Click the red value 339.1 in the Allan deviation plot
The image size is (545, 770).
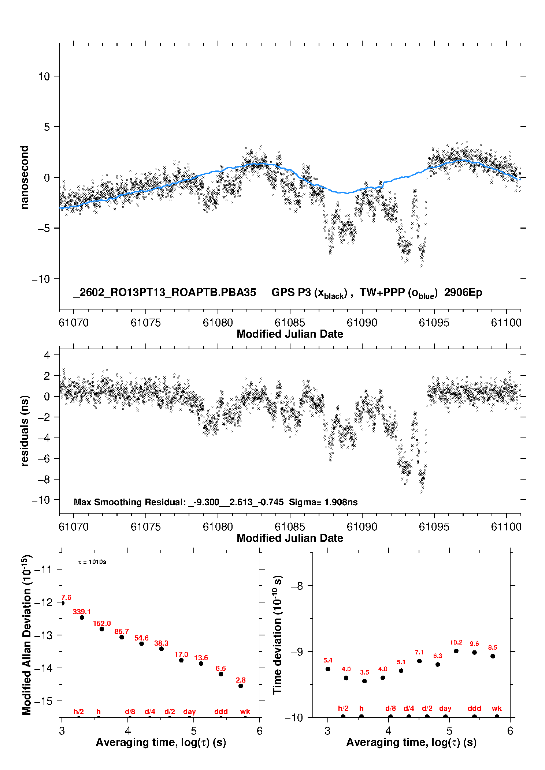82,612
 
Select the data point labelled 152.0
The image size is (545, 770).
102,629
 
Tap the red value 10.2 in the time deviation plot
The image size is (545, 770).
456,642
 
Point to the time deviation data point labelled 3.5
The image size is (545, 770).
364,681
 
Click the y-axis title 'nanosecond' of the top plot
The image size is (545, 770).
25,177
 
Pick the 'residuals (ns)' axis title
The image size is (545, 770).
25,431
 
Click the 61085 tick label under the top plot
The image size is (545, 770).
290,323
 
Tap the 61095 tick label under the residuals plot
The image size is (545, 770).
434,527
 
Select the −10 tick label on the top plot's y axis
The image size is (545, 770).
41,279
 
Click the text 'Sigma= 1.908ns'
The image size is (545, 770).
323,502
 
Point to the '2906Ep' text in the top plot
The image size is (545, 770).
463,292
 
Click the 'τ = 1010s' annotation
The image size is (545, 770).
92,562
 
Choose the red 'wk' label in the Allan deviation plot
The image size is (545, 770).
245,711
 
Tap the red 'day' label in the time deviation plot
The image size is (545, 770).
445,708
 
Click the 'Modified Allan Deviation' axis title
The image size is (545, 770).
27,635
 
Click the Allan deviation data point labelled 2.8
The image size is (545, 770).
241,686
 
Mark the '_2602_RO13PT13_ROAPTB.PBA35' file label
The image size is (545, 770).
164,292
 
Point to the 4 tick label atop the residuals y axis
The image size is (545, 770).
47,355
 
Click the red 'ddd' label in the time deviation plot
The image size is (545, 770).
474,708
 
